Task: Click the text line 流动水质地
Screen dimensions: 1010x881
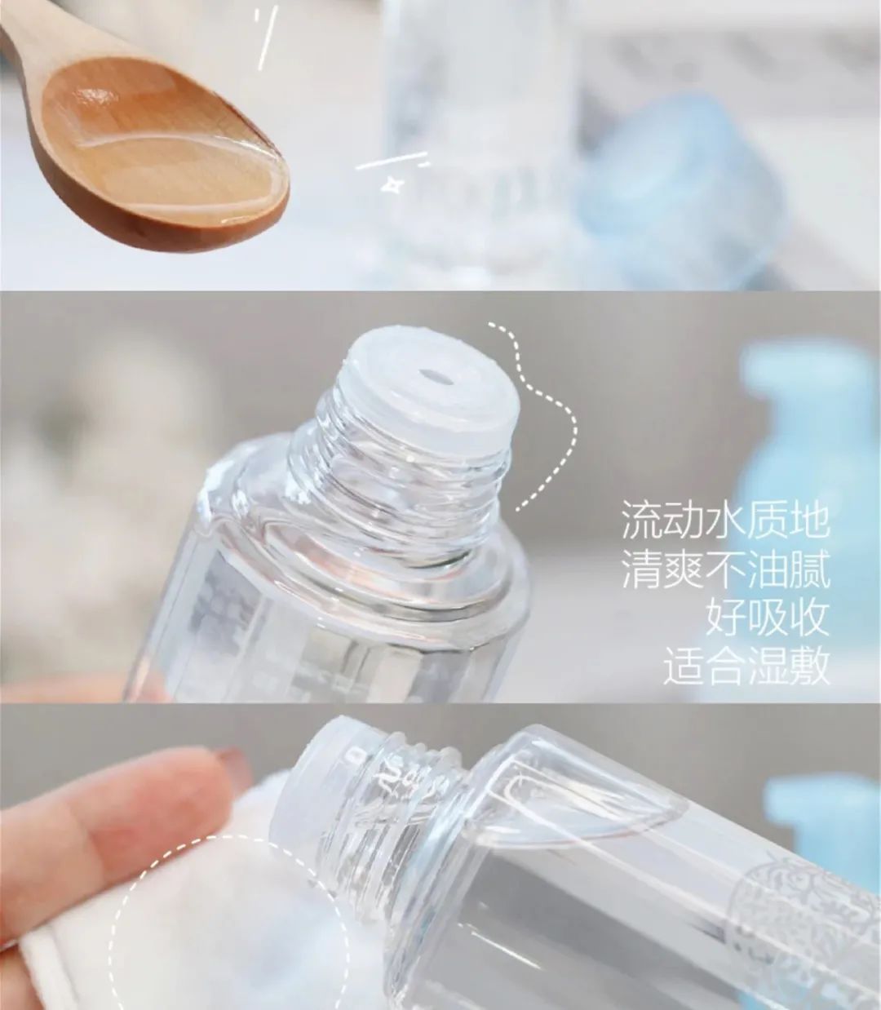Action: (x=725, y=521)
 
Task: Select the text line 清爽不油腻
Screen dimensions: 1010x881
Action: (x=725, y=569)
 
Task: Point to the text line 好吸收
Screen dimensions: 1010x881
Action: (x=767, y=618)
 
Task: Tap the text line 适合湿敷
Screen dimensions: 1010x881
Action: (x=746, y=666)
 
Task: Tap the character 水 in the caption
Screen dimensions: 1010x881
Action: (x=724, y=521)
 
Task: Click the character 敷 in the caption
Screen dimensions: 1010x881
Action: (x=808, y=666)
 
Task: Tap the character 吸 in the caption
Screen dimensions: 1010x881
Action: (x=767, y=618)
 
